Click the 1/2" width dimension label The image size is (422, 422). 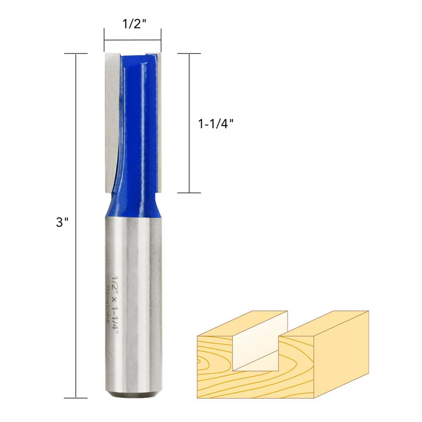click(134, 24)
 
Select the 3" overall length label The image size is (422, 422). click(62, 222)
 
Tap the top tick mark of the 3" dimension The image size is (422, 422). click(76, 53)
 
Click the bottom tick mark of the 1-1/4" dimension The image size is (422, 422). click(189, 193)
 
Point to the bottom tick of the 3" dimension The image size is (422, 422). click(76, 398)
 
